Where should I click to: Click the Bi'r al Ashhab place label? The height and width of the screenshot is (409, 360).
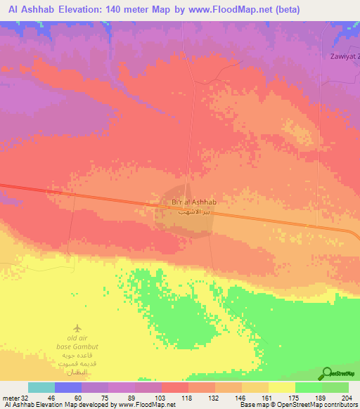tap(188, 202)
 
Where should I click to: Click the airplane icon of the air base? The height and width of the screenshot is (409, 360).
tap(77, 328)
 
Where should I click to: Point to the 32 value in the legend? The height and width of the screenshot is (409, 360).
tap(20, 397)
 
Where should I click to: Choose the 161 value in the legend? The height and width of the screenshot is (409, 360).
tap(268, 397)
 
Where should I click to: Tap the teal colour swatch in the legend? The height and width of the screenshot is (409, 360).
tap(41, 387)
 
